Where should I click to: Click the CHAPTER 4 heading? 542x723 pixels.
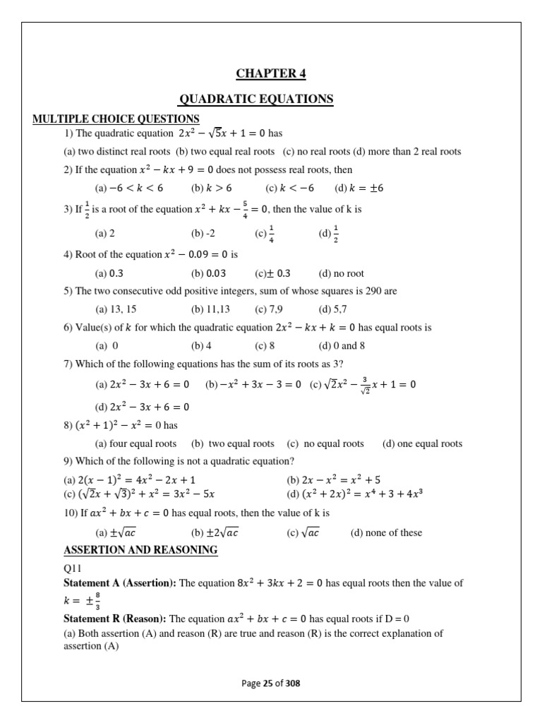[x=271, y=73]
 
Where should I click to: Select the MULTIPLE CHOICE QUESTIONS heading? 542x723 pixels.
[x=116, y=119]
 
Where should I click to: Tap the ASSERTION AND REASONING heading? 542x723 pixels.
[x=140, y=550]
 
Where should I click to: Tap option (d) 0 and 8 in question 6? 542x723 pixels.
[x=342, y=346]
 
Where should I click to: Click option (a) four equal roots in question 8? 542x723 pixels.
[x=135, y=444]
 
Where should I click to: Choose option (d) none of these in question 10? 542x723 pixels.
[x=386, y=533]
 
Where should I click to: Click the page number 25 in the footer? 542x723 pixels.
[x=268, y=683]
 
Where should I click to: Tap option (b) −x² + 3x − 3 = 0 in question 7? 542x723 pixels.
[x=253, y=385]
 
